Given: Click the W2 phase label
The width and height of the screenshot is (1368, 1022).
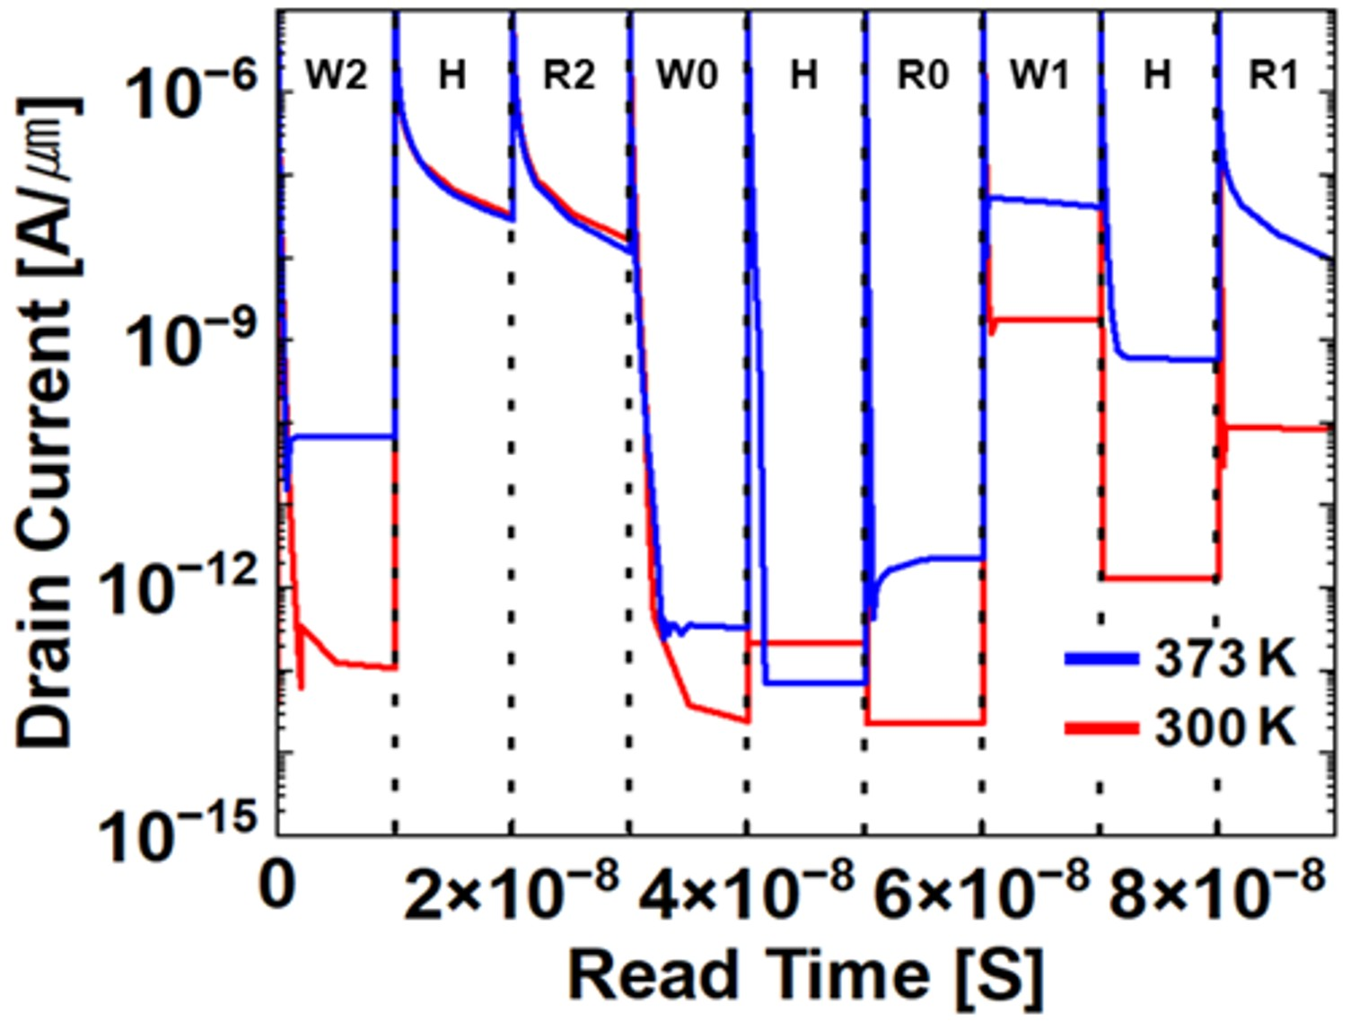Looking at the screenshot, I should tap(337, 75).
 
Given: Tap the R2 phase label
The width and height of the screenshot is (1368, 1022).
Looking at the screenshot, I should tap(569, 75).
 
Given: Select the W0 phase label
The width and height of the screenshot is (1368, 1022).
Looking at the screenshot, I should tap(687, 75).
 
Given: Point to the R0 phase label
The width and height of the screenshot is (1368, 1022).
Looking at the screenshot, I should tap(923, 75).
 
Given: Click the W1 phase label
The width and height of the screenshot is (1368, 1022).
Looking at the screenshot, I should tap(1040, 75).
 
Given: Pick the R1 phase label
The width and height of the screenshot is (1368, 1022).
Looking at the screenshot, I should tap(1275, 75).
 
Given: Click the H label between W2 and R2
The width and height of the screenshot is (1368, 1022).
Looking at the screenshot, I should tap(452, 75).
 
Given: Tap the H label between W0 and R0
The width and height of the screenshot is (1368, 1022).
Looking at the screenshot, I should tap(804, 75).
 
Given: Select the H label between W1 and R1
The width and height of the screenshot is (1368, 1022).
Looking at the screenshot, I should tap(1158, 75).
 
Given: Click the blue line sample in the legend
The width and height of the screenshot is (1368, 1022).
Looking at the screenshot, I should tap(1101, 659).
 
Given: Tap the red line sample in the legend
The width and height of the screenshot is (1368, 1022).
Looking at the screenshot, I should tap(1101, 727).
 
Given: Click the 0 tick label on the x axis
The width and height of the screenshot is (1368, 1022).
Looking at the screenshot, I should tap(277, 885).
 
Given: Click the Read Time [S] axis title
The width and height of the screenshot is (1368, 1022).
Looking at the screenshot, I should tap(806, 975).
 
